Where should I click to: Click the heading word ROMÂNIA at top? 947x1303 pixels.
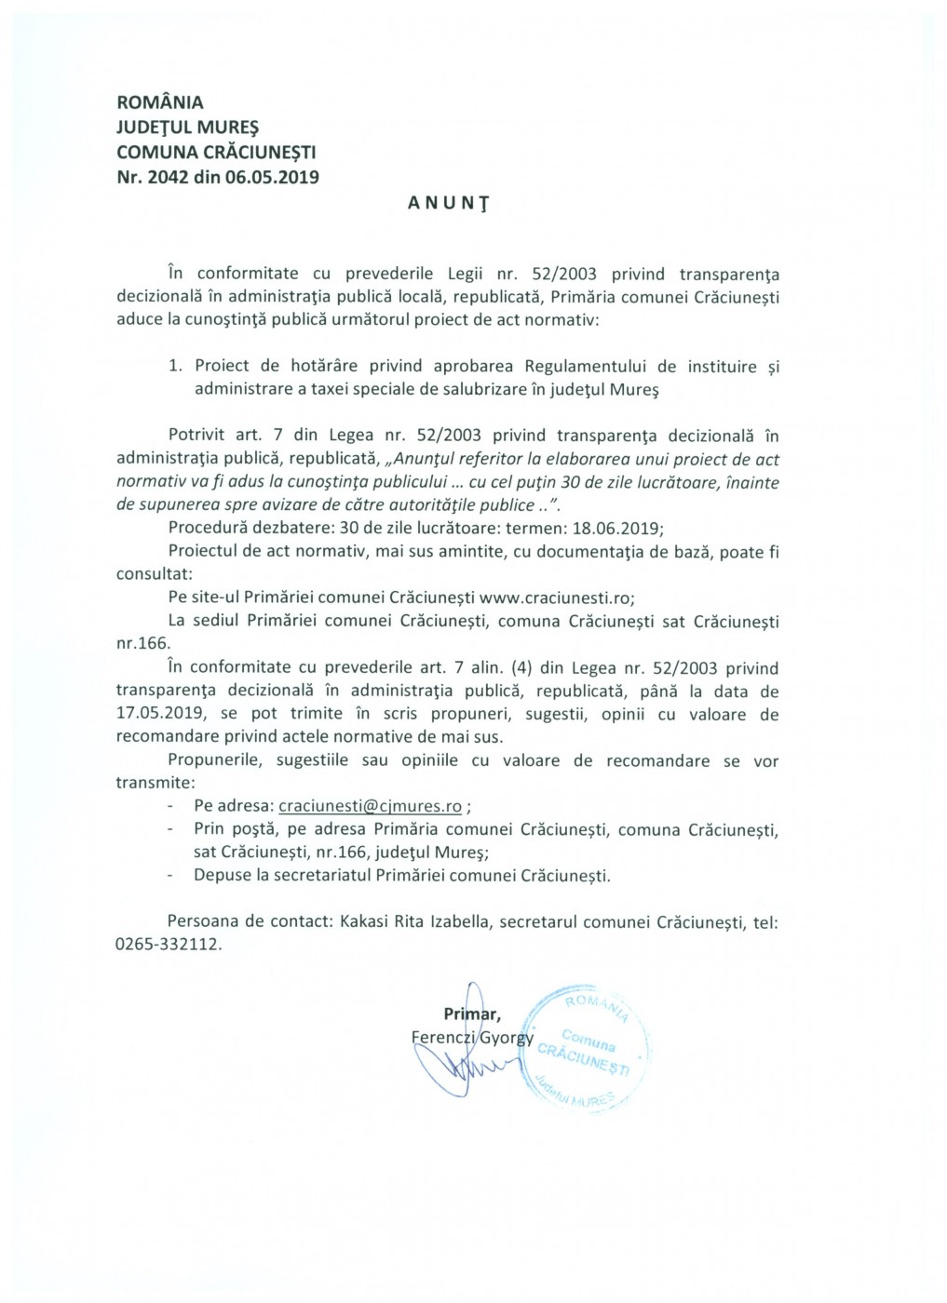[159, 102]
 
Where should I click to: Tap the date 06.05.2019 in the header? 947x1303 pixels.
[271, 177]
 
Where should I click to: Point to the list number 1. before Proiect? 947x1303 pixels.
[175, 366]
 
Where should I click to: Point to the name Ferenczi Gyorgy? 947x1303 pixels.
[471, 1038]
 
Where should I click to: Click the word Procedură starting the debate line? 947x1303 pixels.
[207, 529]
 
